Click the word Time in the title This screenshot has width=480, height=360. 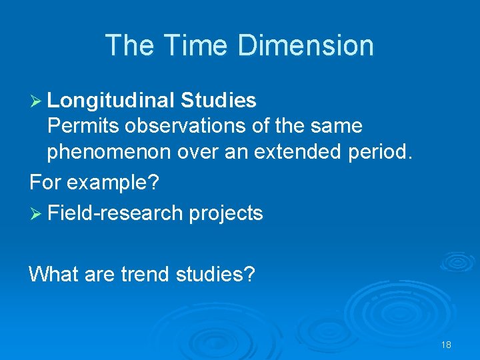click(195, 45)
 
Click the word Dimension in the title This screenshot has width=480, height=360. click(305, 45)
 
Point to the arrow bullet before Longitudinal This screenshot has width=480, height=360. click(36, 101)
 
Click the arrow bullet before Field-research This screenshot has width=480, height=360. click(36, 213)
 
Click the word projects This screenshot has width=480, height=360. click(226, 213)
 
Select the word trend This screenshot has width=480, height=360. click(147, 273)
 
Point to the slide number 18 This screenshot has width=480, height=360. click(446, 345)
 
